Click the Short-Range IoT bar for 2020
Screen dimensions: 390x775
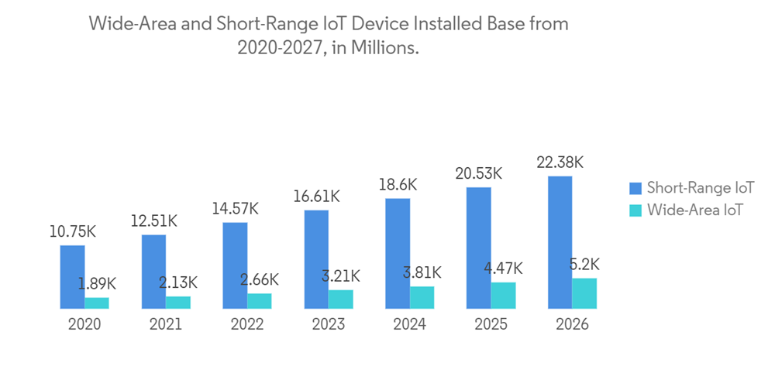(72, 277)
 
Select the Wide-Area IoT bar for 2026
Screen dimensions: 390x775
(584, 293)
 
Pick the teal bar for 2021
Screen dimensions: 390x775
(177, 303)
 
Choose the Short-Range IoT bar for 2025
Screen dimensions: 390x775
(479, 248)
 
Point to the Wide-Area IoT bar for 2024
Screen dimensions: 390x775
(422, 298)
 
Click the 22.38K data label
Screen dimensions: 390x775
(559, 162)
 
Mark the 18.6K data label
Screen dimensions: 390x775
(398, 185)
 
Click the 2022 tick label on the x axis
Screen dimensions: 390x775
(246, 325)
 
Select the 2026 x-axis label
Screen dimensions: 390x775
(572, 325)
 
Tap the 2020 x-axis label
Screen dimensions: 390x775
(84, 325)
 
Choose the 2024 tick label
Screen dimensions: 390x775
(409, 325)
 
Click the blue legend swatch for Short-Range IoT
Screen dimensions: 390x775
(635, 187)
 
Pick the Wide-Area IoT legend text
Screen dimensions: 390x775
(694, 209)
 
